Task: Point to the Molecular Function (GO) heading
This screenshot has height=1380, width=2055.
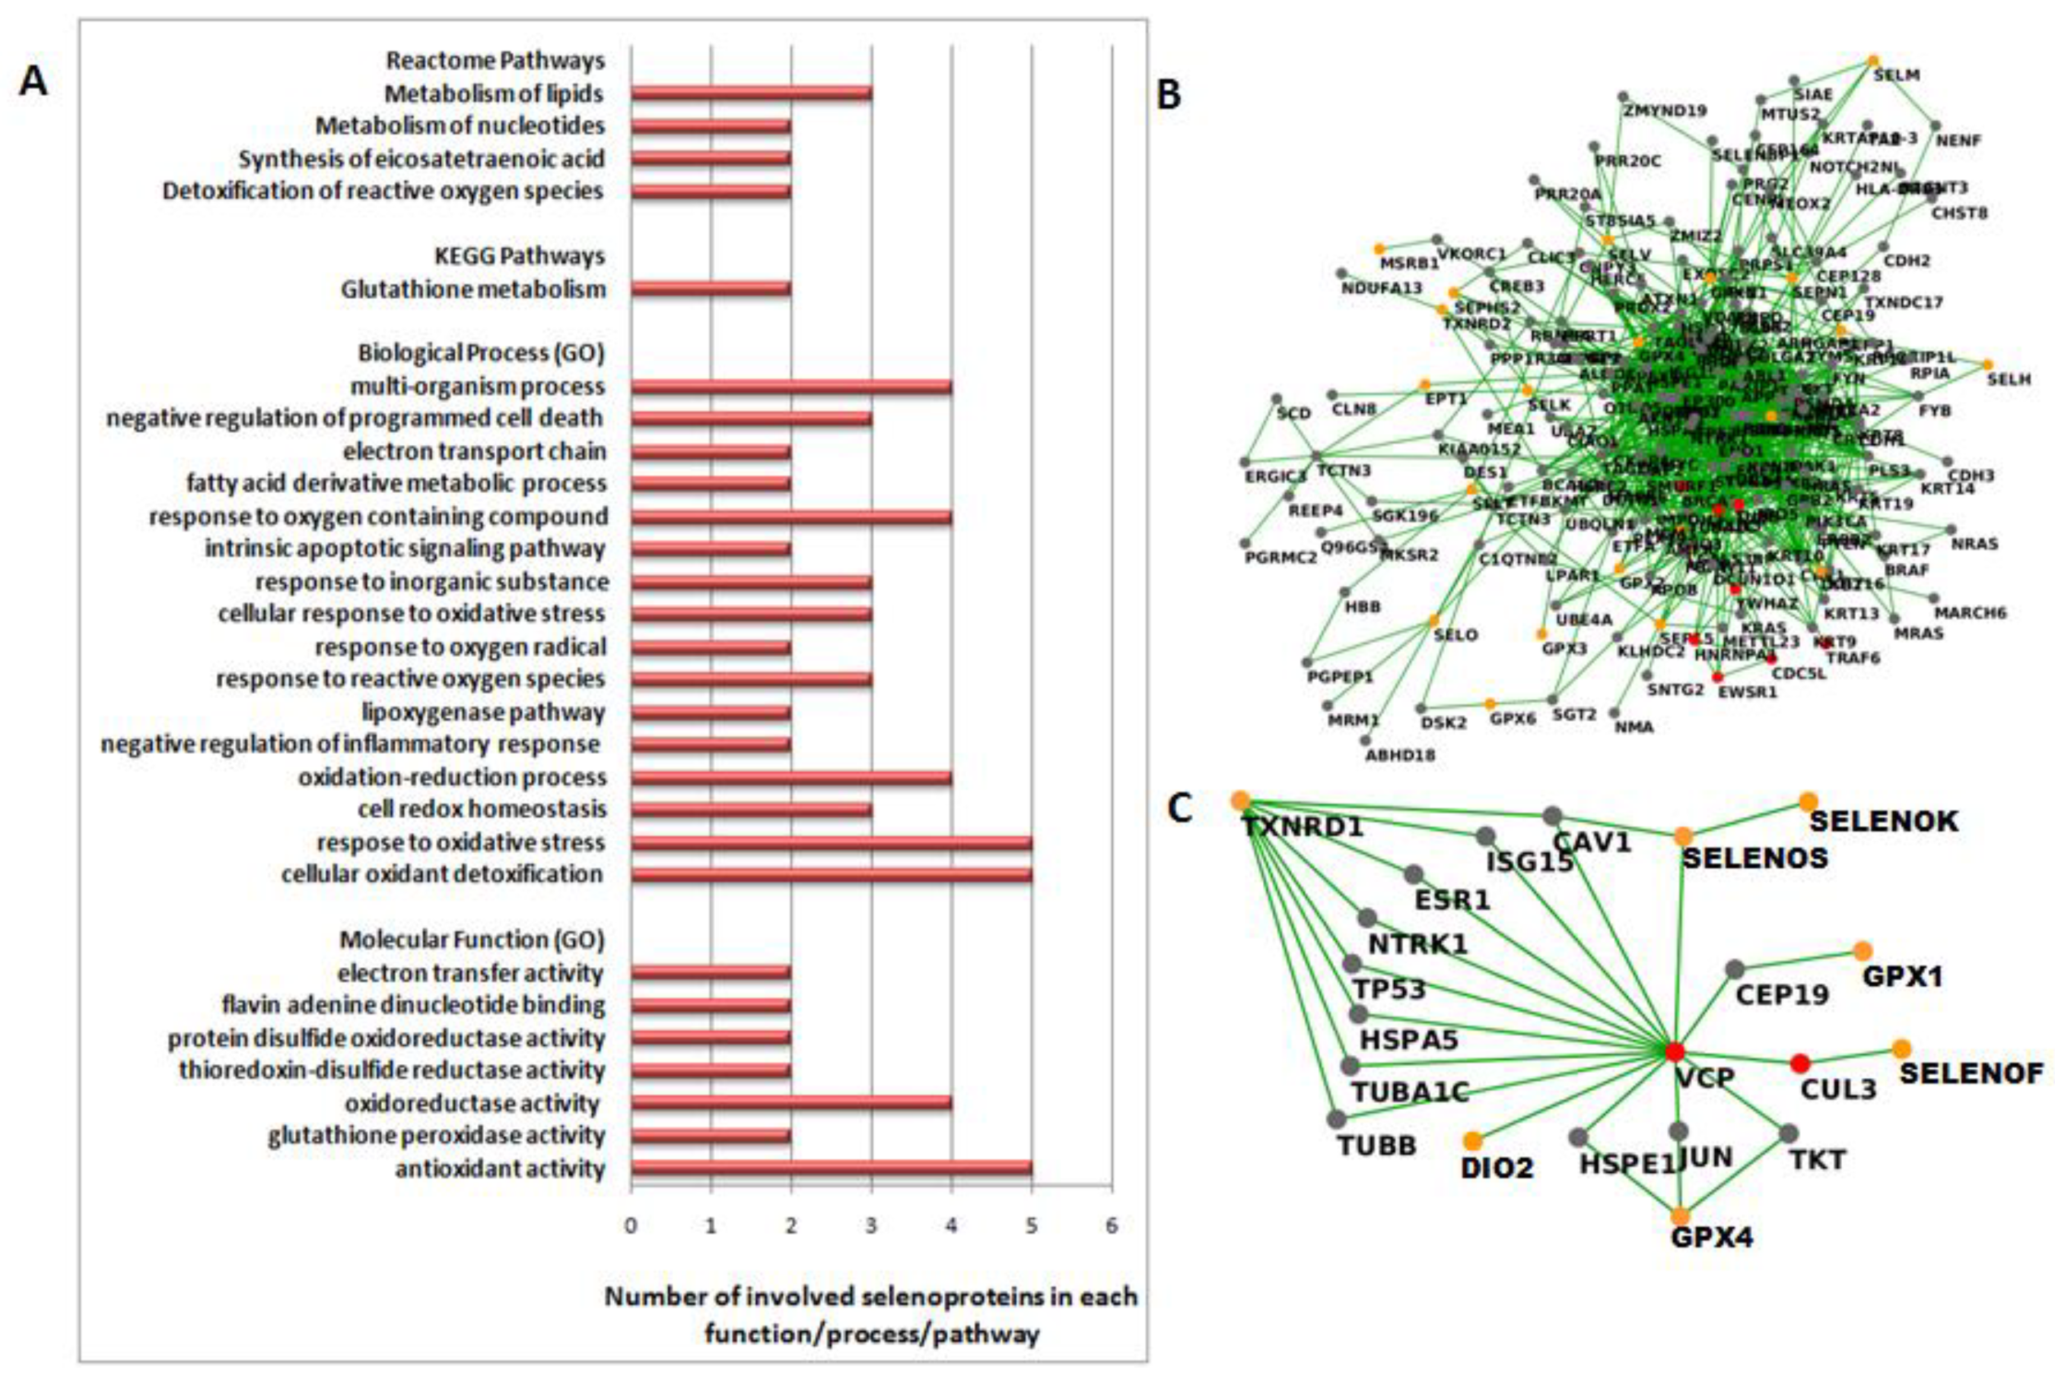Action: coord(472,940)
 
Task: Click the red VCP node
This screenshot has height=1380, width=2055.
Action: coord(1674,1052)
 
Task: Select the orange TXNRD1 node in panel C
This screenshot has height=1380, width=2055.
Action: coord(1240,801)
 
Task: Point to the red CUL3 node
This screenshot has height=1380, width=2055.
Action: coord(1800,1063)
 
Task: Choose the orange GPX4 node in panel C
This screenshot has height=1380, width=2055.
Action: coord(1680,1217)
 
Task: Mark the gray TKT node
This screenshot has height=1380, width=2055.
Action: coord(1788,1133)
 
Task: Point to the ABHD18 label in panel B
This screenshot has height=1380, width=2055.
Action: coord(1400,754)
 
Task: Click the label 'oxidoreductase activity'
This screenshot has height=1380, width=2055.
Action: coord(472,1104)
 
